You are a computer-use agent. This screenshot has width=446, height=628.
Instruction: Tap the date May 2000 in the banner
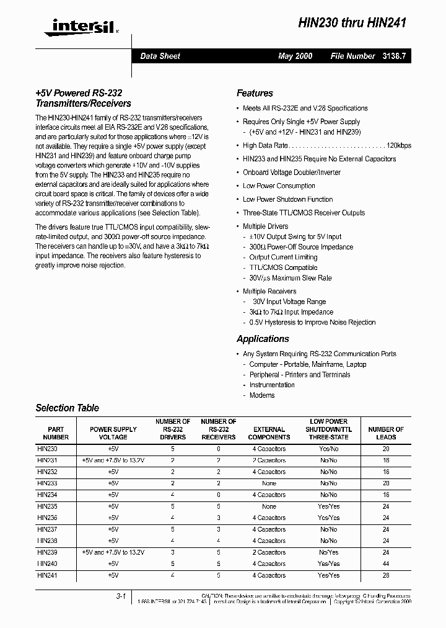[x=295, y=56]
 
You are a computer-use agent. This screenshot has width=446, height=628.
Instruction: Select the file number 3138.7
[x=393, y=56]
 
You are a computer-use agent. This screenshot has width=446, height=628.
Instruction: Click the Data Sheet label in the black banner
[x=160, y=56]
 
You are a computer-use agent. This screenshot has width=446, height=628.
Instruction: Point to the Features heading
[x=255, y=93]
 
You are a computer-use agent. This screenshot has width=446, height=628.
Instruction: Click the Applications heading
[x=263, y=339]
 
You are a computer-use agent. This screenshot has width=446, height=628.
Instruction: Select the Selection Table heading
[x=67, y=408]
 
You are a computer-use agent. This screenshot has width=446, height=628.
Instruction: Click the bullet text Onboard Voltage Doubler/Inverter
[x=292, y=173]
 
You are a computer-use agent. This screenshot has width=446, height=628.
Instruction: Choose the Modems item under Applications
[x=262, y=395]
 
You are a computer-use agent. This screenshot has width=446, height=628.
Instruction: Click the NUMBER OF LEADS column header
[x=386, y=433]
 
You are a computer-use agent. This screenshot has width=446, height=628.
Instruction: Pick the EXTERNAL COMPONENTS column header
[x=269, y=433]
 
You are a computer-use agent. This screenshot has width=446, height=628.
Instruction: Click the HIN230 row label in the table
[x=47, y=447]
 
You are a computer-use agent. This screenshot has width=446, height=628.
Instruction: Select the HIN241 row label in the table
[x=47, y=575]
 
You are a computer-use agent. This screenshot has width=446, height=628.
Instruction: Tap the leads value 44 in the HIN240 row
[x=386, y=564]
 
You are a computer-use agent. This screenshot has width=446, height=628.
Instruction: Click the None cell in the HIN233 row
[x=269, y=483]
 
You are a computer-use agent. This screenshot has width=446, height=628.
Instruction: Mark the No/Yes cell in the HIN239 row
[x=328, y=552]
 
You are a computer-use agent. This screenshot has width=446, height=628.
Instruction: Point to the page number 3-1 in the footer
[x=121, y=596]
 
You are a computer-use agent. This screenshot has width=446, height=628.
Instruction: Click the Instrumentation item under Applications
[x=272, y=385]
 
